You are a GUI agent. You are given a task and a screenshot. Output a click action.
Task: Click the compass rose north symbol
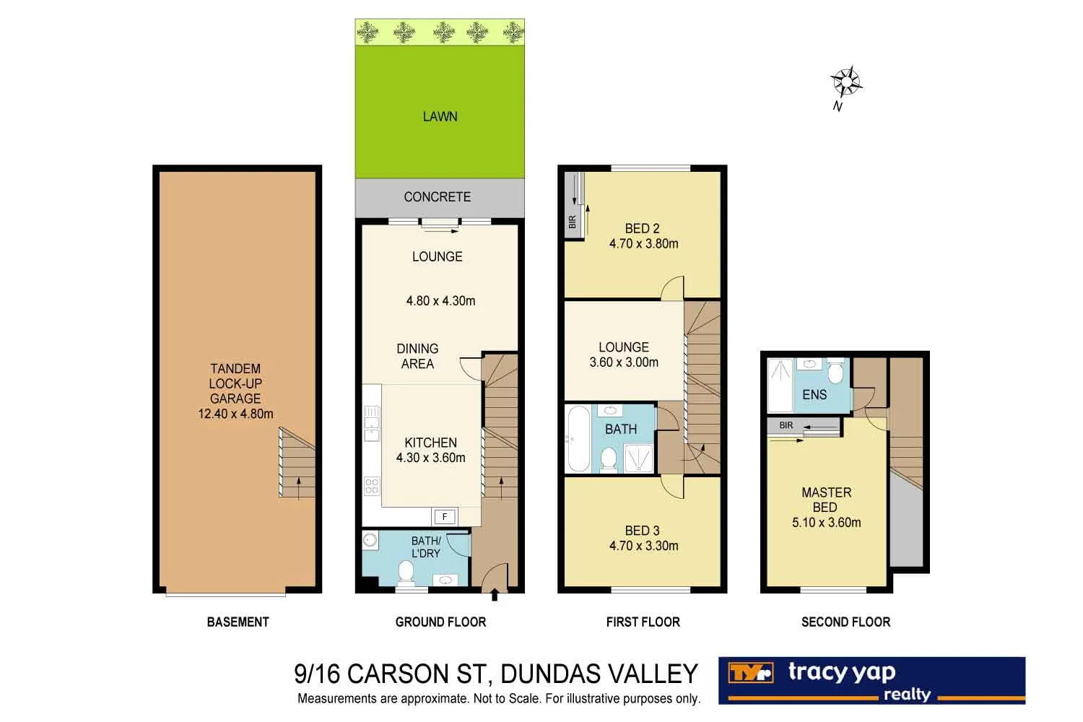(x=846, y=82)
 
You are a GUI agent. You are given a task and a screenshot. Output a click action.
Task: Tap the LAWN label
(x=440, y=116)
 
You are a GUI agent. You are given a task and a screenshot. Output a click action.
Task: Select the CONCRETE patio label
(x=437, y=196)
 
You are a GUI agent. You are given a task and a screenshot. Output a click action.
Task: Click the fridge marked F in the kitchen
(x=445, y=516)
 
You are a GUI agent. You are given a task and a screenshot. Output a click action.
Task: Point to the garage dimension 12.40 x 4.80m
(x=235, y=414)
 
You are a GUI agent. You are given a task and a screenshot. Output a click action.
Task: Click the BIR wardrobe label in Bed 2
(x=573, y=222)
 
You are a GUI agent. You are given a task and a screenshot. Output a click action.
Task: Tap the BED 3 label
(x=642, y=531)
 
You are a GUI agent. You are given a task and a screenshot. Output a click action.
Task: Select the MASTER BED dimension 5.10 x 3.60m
(x=826, y=522)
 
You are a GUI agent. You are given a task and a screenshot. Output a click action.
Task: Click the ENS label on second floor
(x=814, y=394)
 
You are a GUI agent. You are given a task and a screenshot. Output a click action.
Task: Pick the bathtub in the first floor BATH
(x=578, y=438)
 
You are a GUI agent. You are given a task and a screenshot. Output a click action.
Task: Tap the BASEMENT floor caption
(x=238, y=622)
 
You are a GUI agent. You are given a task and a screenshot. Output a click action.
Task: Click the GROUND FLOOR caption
(x=440, y=622)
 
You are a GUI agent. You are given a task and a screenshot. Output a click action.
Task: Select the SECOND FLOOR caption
(x=845, y=622)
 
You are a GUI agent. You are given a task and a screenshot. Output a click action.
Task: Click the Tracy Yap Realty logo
(x=871, y=680)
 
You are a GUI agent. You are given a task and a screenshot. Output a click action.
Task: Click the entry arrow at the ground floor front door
(x=495, y=596)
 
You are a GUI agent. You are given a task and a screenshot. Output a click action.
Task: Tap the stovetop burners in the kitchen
(x=371, y=486)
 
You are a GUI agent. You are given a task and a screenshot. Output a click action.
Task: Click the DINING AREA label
(x=417, y=356)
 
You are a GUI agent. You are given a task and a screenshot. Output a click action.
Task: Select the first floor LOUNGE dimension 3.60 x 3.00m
(x=624, y=362)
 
